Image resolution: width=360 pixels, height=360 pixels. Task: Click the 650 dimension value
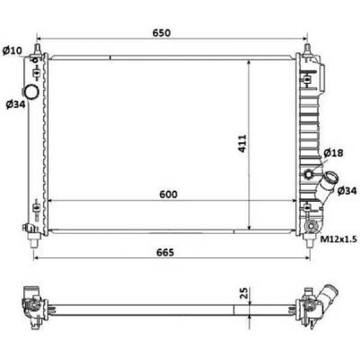click(x=161, y=33)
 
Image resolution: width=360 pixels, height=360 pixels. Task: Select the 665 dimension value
click(x=165, y=253)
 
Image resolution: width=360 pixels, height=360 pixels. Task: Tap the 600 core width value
click(x=168, y=194)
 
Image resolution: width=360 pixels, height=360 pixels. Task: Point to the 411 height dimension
click(x=242, y=143)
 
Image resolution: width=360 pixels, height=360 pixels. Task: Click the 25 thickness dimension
click(x=244, y=293)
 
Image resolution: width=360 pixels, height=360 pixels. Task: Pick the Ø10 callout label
click(x=12, y=50)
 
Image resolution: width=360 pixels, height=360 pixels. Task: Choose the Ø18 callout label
click(x=334, y=153)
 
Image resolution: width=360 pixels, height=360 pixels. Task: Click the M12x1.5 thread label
click(x=338, y=239)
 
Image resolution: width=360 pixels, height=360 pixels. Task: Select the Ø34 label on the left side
click(x=16, y=104)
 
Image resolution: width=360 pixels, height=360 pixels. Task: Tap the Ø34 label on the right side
click(x=347, y=190)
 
